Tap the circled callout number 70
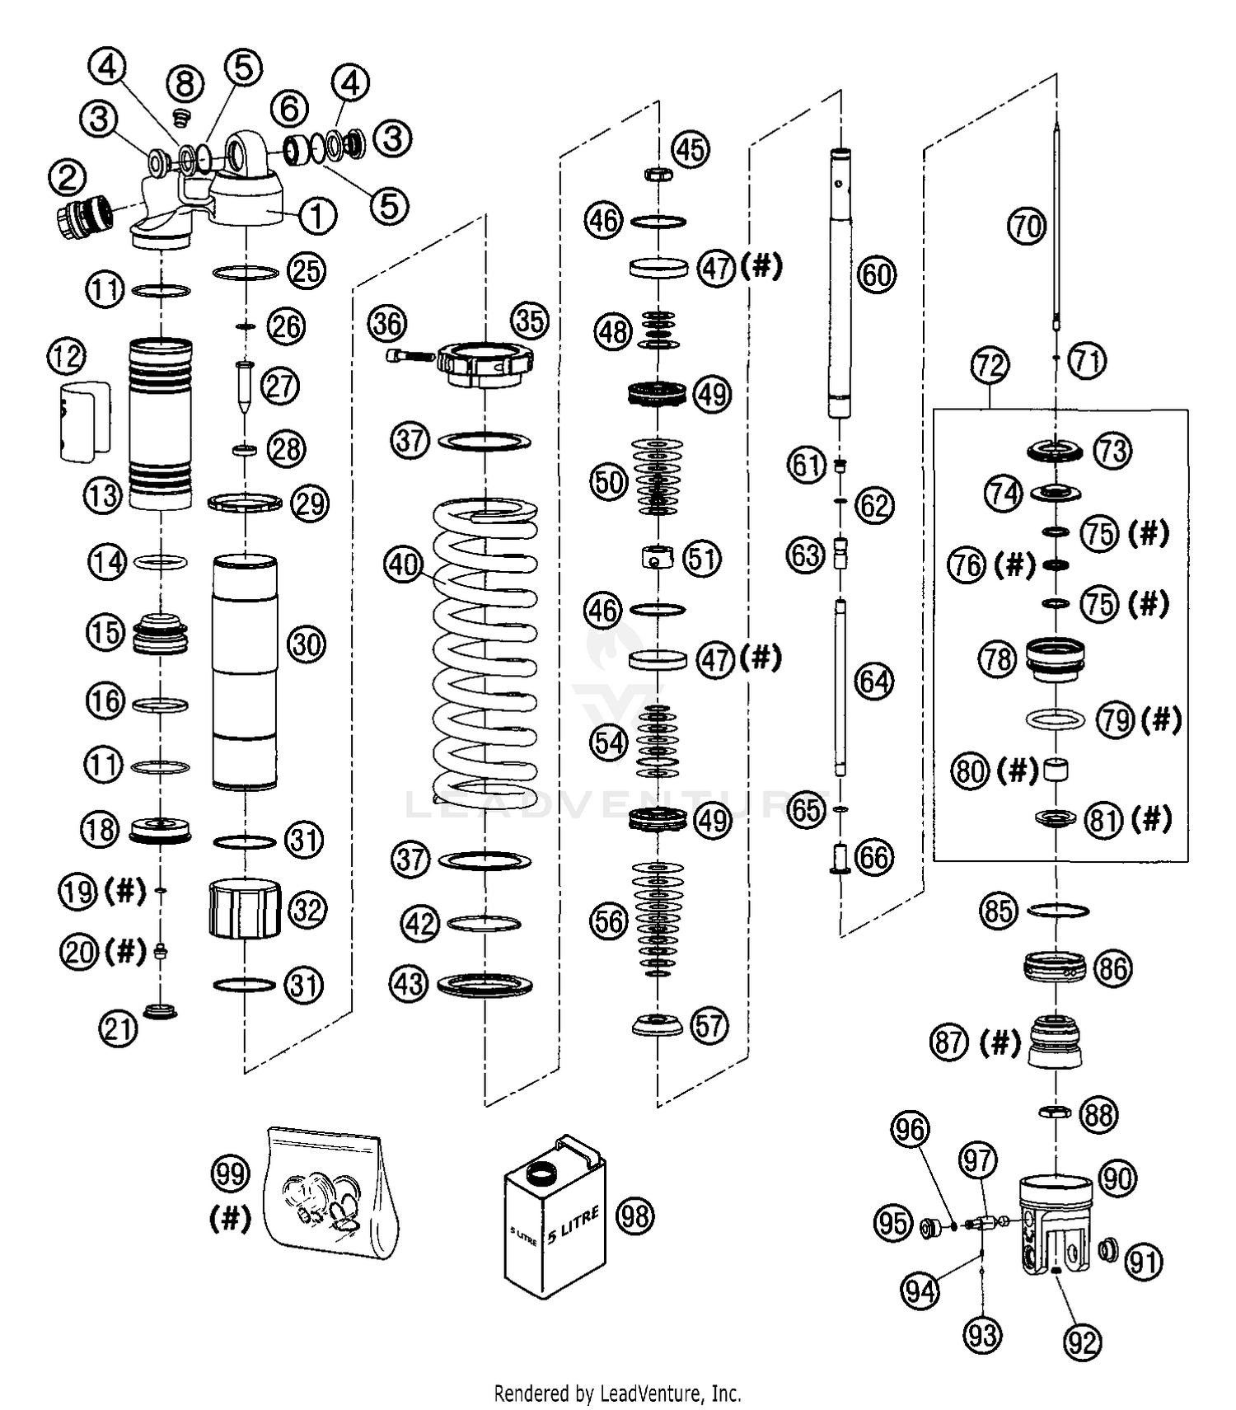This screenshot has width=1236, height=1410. (1027, 225)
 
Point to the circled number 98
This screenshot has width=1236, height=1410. (635, 1216)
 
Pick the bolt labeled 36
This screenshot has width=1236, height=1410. (410, 356)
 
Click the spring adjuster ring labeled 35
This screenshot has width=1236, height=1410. (485, 363)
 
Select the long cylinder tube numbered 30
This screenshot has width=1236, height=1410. (245, 672)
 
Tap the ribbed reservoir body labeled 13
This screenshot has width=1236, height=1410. (161, 423)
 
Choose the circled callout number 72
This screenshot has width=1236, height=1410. (990, 365)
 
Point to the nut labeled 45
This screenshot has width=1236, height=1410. (657, 174)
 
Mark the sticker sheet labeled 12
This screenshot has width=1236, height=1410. (85, 420)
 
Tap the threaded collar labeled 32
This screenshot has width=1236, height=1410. (245, 908)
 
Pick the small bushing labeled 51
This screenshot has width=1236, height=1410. (657, 558)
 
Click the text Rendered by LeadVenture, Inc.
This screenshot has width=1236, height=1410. (617, 1393)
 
